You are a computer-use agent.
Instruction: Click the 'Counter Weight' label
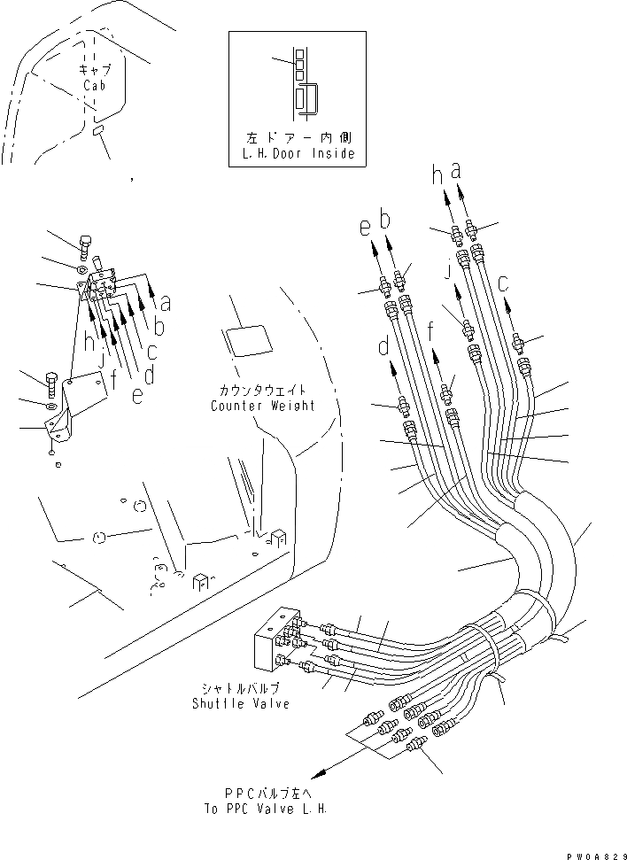[x=263, y=406]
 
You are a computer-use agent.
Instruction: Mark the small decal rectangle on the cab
[x=98, y=130]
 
